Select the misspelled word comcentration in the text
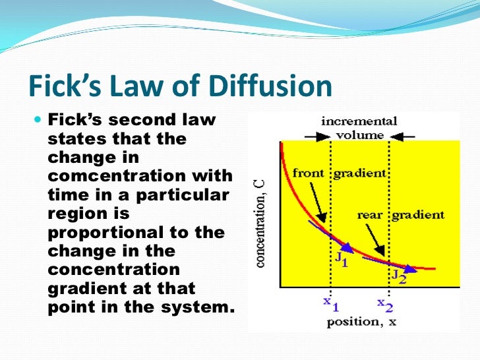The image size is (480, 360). point(140,176)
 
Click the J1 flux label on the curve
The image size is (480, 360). point(342,258)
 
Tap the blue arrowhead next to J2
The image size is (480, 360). point(411,268)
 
